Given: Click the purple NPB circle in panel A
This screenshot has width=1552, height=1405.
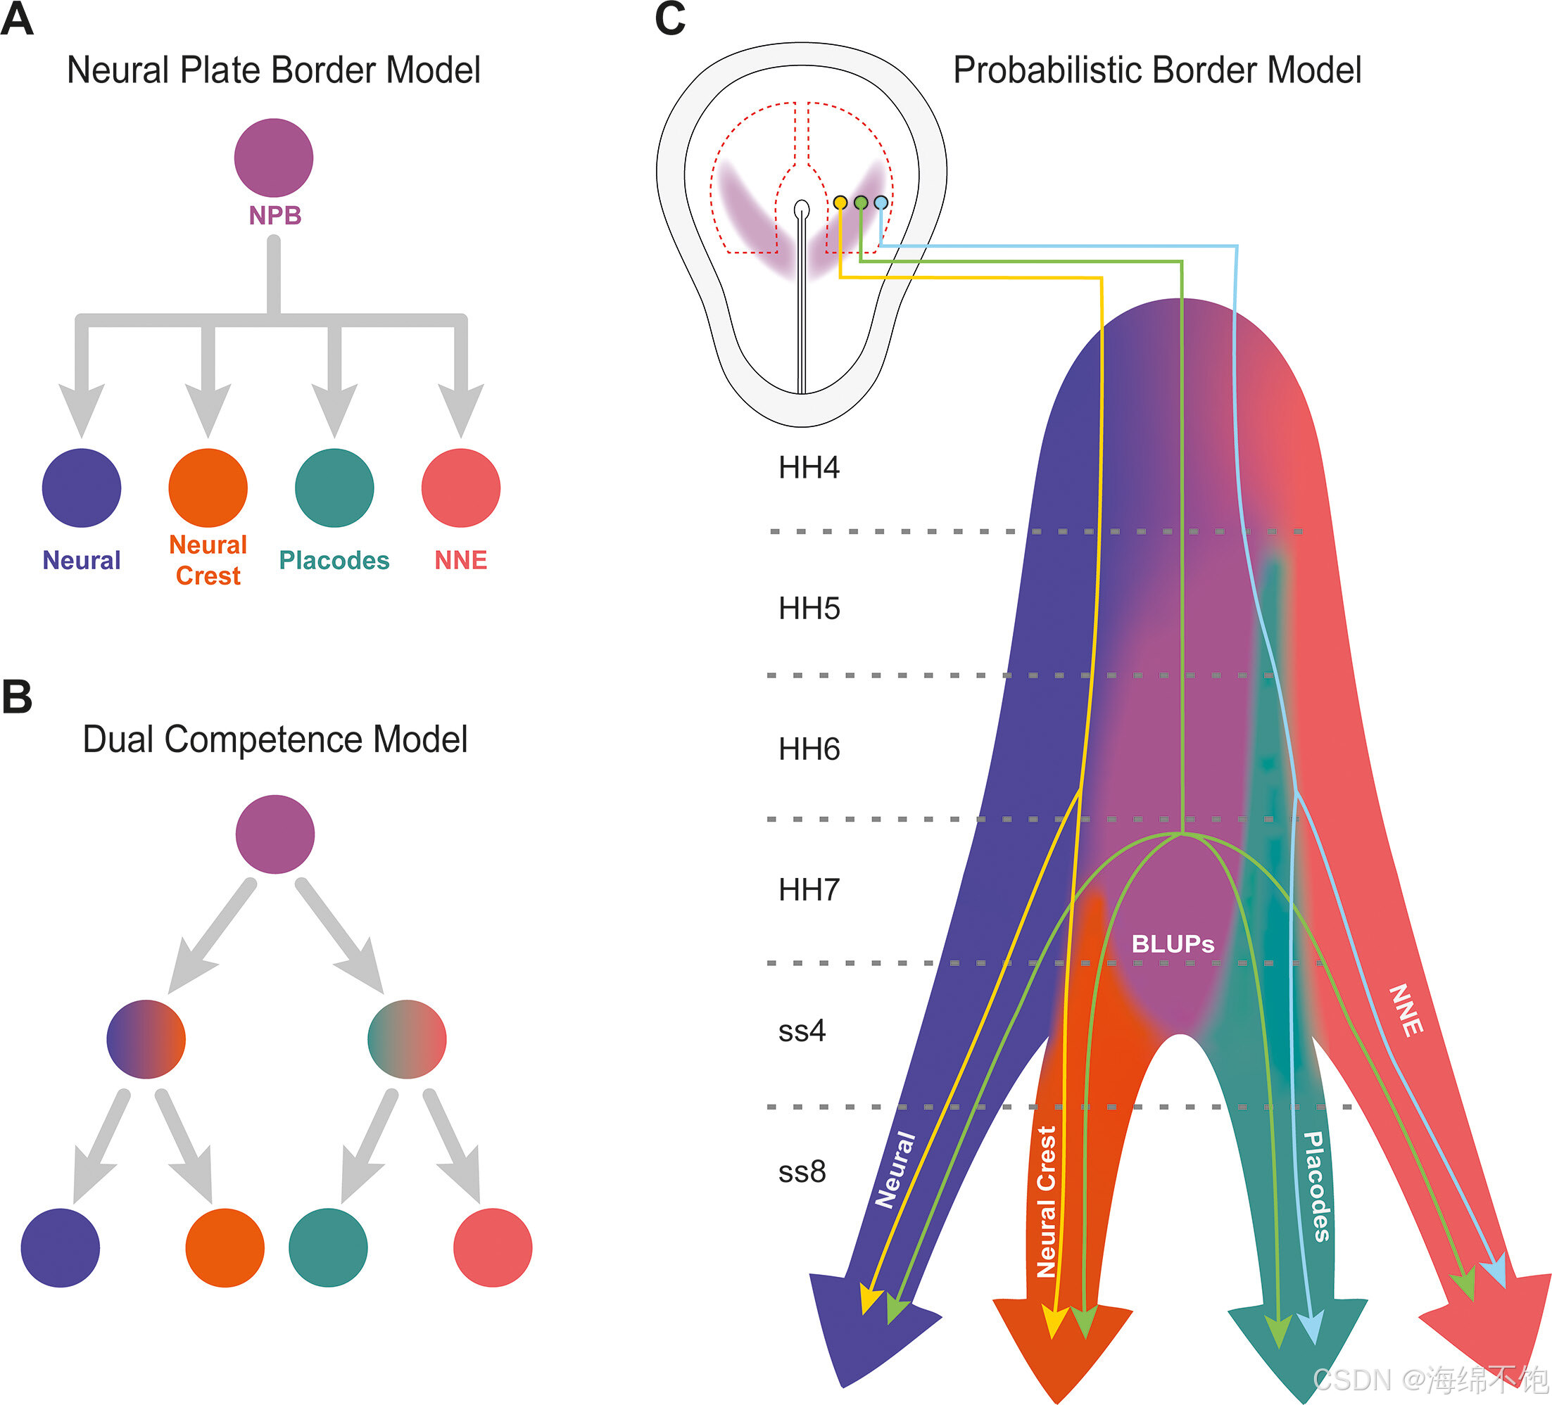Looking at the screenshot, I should point(273,158).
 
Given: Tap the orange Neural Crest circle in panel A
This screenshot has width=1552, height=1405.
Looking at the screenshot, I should point(208,488).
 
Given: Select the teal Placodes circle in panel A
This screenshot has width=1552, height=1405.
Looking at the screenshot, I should point(334,488).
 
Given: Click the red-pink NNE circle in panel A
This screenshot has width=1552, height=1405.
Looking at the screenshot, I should point(460,488).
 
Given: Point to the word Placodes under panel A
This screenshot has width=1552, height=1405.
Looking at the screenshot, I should point(334,560).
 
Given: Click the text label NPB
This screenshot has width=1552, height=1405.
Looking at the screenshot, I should point(275,215).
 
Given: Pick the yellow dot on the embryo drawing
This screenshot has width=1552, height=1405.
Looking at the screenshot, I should point(840,203).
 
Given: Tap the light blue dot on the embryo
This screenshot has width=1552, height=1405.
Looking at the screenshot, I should point(881,203).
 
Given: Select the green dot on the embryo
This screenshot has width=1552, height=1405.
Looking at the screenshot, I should point(861,203).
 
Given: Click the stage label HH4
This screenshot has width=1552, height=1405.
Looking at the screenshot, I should point(808,468).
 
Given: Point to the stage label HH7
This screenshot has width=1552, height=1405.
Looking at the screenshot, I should point(808,890).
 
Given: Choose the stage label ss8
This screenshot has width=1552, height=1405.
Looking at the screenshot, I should point(802,1172).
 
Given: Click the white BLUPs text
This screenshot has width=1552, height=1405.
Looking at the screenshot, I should point(1173,944).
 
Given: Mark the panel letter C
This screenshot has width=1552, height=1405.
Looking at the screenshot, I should point(670,18).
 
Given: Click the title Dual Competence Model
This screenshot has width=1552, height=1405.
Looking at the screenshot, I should point(275,739).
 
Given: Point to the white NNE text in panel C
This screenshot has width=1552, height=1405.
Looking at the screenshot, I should point(1405,1010).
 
